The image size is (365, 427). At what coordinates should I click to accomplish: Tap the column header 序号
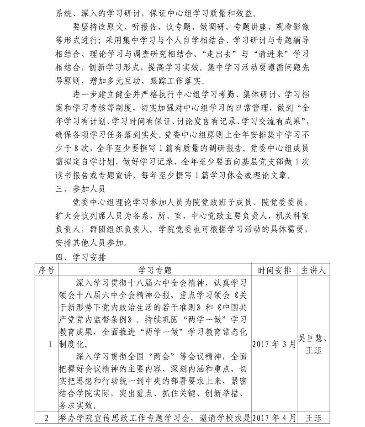[45, 270]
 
